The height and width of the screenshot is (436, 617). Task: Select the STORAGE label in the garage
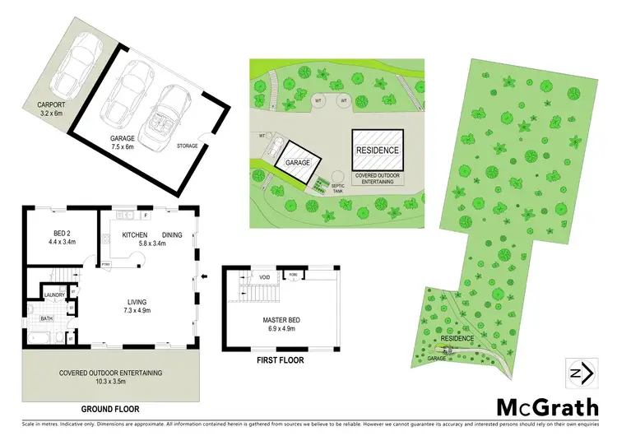188,146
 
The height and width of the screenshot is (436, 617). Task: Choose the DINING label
172,234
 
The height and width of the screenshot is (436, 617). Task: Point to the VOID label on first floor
265,277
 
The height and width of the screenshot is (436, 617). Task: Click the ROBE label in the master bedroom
292,275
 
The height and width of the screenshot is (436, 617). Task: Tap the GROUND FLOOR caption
109,409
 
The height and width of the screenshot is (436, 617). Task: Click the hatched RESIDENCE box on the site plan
377,150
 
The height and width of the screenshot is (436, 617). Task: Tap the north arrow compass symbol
576,373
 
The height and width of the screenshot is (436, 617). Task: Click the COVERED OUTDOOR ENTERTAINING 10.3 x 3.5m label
109,377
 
